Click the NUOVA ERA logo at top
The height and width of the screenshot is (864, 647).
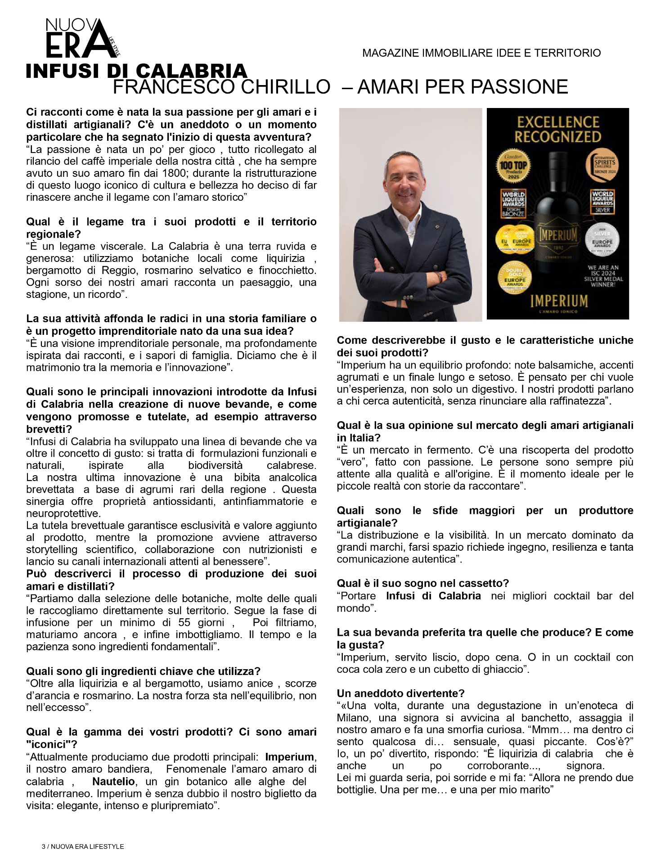[81, 40]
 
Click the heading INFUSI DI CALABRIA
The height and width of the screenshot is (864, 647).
[136, 71]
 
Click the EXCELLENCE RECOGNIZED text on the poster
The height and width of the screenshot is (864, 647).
[557, 130]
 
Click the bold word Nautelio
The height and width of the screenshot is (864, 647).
[113, 782]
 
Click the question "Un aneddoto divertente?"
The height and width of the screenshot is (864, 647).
[400, 693]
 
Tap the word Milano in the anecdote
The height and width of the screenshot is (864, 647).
[355, 718]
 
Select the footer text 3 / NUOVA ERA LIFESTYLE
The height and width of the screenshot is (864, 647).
[83, 846]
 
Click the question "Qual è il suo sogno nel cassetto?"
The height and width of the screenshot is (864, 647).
[422, 584]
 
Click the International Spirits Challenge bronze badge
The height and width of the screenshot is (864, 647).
[603, 166]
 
